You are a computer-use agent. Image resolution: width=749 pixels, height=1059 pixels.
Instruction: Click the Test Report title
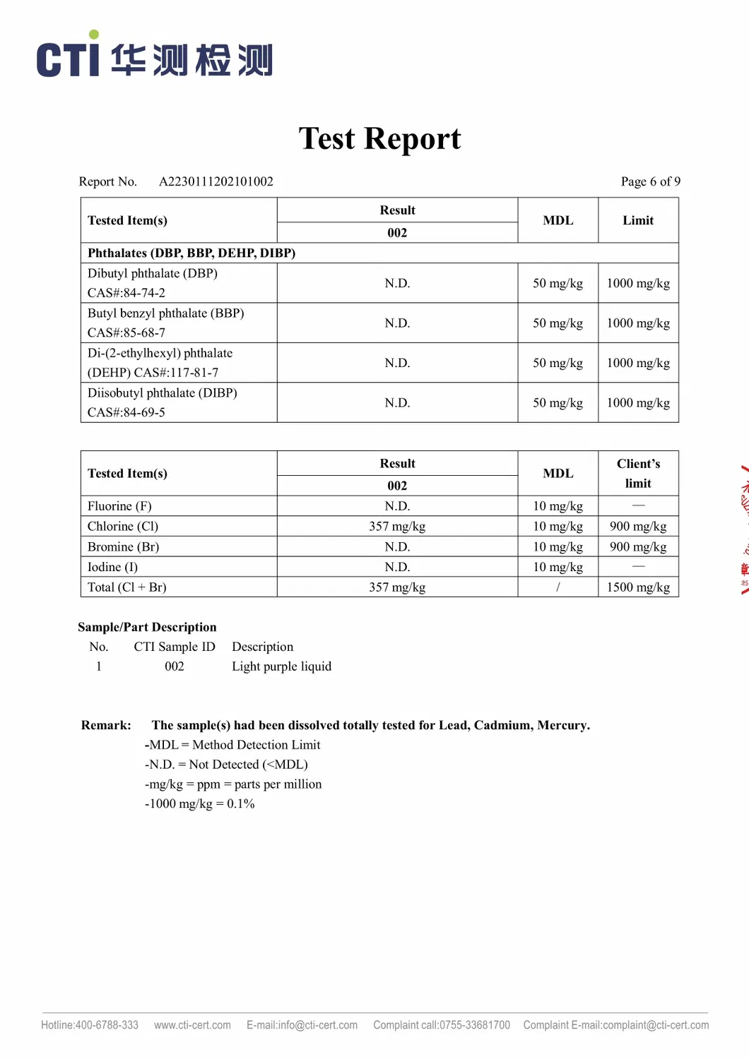click(x=379, y=138)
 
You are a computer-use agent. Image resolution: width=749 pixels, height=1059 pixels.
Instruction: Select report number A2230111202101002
click(x=216, y=181)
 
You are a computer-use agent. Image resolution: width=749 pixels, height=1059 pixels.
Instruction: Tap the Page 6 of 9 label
click(x=650, y=181)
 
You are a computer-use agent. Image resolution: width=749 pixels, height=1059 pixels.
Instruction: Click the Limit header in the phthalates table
click(x=637, y=220)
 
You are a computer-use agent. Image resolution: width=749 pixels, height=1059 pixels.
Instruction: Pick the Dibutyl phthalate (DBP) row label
click(x=153, y=273)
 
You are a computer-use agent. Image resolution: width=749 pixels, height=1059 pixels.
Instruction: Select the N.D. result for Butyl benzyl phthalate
click(x=397, y=323)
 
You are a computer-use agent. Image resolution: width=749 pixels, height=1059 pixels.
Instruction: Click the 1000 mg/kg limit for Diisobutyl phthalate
click(x=637, y=402)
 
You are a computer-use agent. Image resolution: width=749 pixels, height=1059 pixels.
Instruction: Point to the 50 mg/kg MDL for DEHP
click(x=558, y=363)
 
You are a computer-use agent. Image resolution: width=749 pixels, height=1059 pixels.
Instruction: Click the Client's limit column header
click(x=637, y=473)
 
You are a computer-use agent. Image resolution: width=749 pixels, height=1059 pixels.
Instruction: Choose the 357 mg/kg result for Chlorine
click(x=397, y=526)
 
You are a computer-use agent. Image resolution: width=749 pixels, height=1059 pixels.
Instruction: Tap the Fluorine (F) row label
click(x=119, y=506)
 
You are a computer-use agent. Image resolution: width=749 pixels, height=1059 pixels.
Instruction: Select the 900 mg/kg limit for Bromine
click(x=637, y=546)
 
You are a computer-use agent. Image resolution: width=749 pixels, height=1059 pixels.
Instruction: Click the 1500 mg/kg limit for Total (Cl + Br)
click(x=637, y=587)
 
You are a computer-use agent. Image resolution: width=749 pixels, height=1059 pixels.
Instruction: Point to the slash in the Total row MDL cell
click(x=558, y=587)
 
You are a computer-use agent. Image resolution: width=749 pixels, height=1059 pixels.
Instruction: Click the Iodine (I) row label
click(x=113, y=567)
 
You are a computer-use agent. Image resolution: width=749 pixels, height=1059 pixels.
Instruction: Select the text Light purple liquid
click(x=281, y=666)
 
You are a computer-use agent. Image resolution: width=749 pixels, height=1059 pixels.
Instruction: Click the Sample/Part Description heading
click(x=147, y=627)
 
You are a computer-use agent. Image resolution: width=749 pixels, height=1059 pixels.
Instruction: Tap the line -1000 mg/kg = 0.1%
click(x=199, y=803)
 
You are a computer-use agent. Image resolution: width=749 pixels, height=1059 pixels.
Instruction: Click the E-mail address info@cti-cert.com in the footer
click(x=302, y=1025)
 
